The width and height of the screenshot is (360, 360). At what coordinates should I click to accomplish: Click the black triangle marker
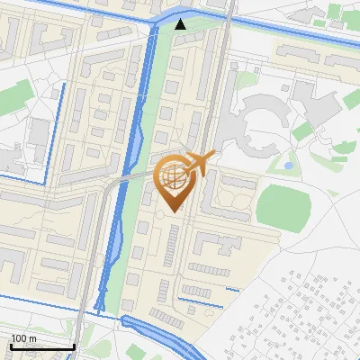click(181, 24)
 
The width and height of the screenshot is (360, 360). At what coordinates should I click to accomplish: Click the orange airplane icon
click(201, 164)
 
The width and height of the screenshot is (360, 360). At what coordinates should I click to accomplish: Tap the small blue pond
click(288, 166)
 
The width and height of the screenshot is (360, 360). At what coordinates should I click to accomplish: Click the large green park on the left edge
click(13, 95)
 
